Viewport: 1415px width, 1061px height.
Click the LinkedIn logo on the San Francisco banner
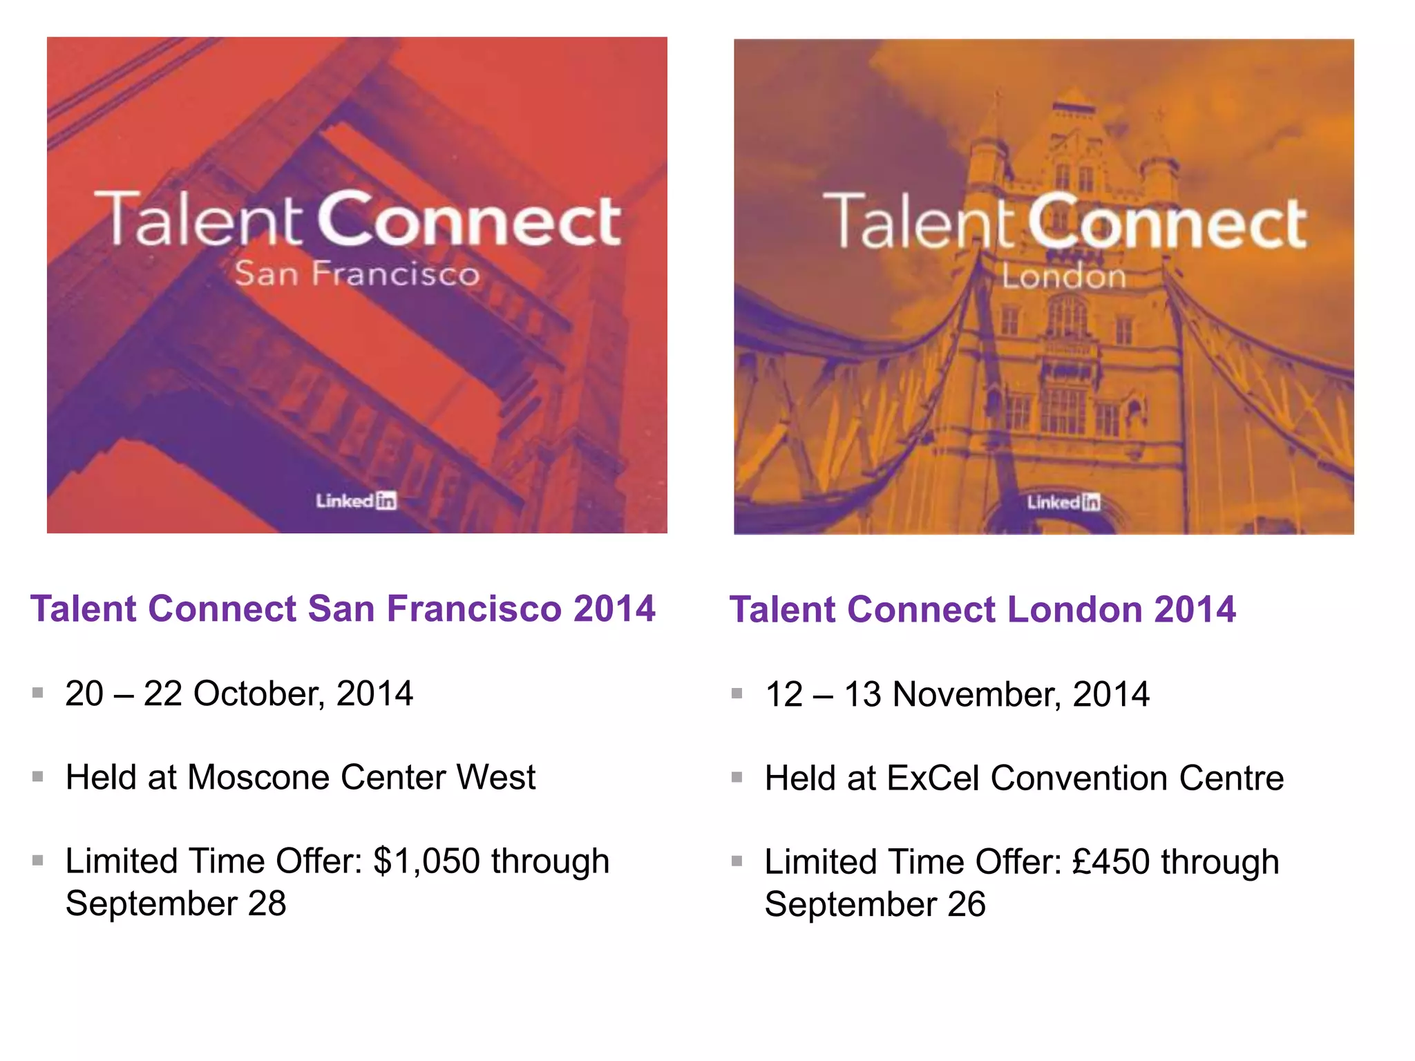click(357, 501)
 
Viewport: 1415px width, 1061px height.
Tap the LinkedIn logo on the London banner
click(1063, 502)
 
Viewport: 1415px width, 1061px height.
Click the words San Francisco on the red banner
click(357, 274)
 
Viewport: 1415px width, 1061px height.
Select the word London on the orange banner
click(1064, 277)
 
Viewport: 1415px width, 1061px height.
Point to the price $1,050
click(426, 861)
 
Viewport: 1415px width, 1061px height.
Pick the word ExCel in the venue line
click(933, 778)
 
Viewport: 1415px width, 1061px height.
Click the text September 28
click(176, 904)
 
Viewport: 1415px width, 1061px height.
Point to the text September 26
click(875, 904)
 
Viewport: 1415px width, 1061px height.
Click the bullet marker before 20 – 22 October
click(38, 692)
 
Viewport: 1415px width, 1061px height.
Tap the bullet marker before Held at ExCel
click(737, 777)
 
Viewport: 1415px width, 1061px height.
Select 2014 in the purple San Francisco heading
click(614, 609)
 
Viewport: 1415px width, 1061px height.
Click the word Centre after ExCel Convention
click(1231, 778)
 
